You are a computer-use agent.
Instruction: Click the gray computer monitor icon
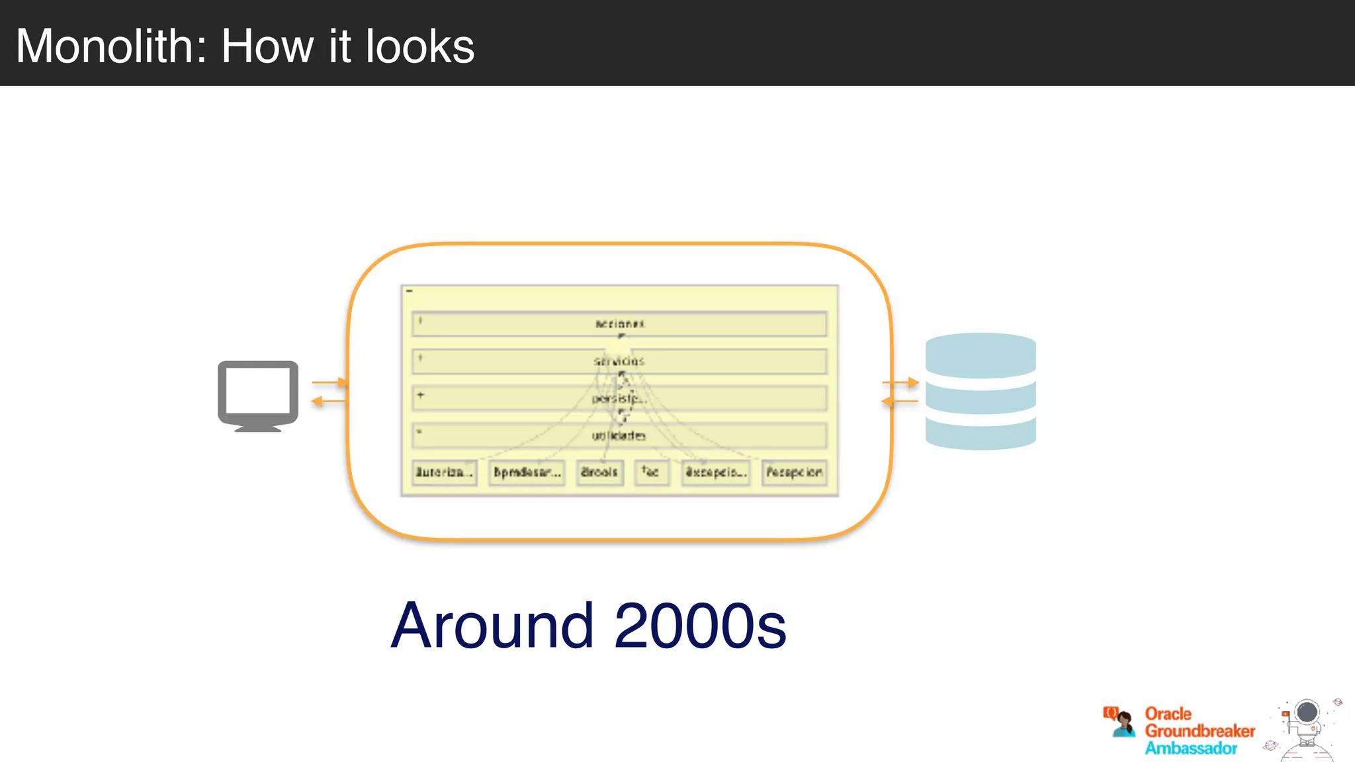(x=258, y=394)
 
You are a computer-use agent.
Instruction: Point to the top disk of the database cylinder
(x=981, y=353)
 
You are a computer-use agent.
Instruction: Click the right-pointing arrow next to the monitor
(x=329, y=382)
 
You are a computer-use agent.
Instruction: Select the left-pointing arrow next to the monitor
(x=328, y=401)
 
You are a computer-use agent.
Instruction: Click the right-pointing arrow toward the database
(x=900, y=382)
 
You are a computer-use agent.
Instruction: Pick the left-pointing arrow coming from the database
(x=899, y=401)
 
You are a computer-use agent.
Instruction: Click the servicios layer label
(x=619, y=361)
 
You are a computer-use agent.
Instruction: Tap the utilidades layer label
(x=619, y=435)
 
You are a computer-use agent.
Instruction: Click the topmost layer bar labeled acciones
(x=619, y=324)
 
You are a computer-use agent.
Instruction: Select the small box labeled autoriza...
(x=444, y=472)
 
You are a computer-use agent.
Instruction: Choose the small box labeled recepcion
(x=794, y=472)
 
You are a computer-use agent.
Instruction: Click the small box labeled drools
(x=599, y=472)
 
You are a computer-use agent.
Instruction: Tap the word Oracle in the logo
(x=1168, y=714)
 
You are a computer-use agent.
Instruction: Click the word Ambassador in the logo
(x=1191, y=748)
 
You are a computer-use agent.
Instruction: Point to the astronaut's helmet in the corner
(x=1307, y=712)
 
